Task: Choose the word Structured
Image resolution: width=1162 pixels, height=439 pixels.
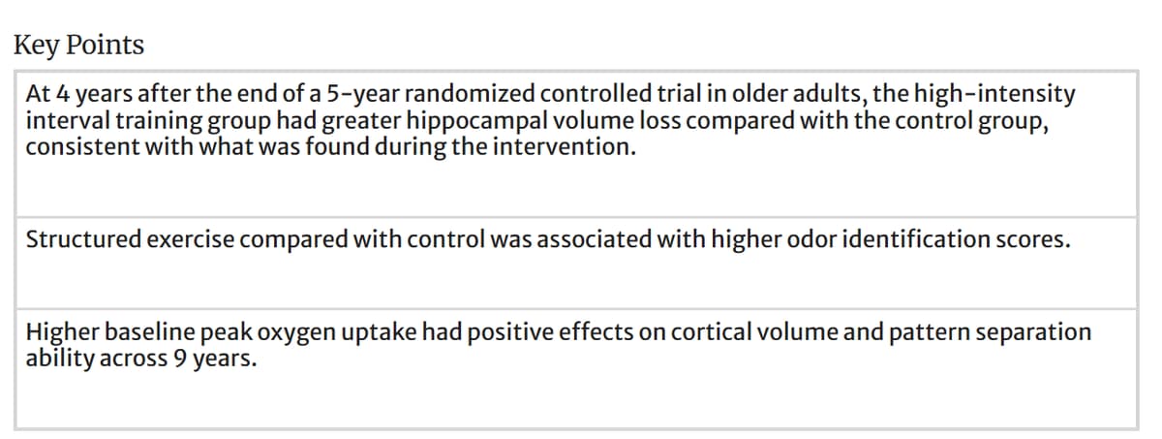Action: click(81, 239)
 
